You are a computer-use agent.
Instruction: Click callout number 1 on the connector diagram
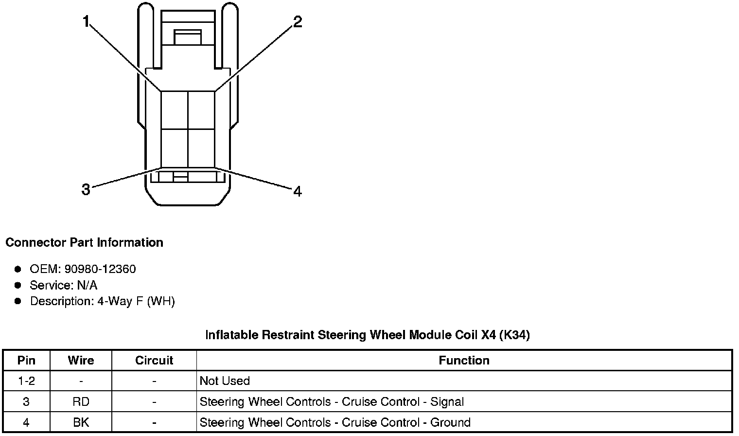click(86, 22)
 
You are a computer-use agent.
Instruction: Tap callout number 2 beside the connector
click(297, 22)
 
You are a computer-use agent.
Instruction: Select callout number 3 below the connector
click(86, 189)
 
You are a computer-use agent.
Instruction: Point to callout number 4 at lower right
click(298, 191)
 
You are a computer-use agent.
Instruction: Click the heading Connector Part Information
click(84, 242)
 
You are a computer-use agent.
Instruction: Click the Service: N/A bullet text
click(64, 285)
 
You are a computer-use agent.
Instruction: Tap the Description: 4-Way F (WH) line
click(102, 301)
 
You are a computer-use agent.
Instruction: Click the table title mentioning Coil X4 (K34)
click(367, 335)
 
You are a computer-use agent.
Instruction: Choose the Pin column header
click(26, 360)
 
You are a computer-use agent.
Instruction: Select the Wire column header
click(81, 360)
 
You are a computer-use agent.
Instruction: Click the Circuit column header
click(154, 360)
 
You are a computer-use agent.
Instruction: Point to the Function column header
click(464, 360)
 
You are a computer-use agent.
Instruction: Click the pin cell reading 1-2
click(26, 381)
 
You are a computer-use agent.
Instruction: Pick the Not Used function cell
click(225, 381)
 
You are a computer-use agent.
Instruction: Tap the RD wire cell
click(81, 402)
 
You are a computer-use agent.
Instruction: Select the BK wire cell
click(81, 422)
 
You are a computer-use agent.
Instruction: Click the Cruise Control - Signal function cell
click(332, 402)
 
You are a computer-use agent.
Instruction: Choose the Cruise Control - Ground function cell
click(335, 422)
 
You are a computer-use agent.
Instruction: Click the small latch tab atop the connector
click(188, 37)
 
